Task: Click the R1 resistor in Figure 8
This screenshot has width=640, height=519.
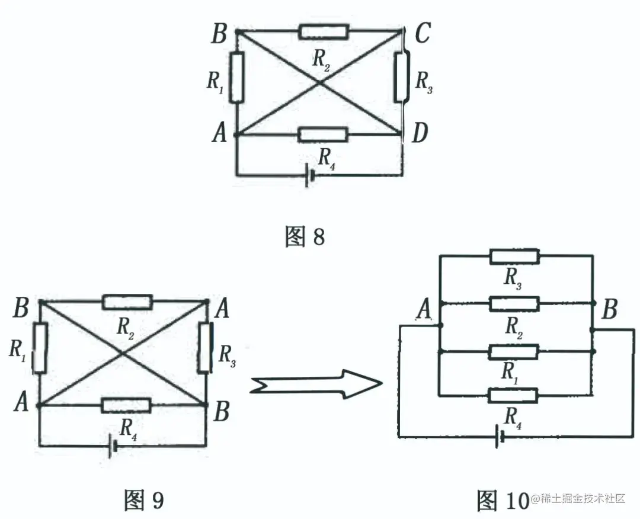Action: pos(236,76)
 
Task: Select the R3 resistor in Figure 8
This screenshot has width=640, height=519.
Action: pos(402,77)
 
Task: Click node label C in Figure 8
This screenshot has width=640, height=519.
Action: pos(422,34)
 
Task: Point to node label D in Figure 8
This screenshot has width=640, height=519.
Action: pos(420,134)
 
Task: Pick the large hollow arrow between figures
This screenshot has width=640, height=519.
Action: pos(315,385)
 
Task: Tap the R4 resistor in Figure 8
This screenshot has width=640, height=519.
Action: pos(323,134)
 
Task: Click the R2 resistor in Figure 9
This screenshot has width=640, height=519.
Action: pos(127,302)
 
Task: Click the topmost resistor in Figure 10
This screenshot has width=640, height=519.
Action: pos(514,256)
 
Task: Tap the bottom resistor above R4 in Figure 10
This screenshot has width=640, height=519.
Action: pos(513,395)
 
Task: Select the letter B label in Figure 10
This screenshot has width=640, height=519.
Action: pos(609,309)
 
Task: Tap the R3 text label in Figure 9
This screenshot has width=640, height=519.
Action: pos(228,354)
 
